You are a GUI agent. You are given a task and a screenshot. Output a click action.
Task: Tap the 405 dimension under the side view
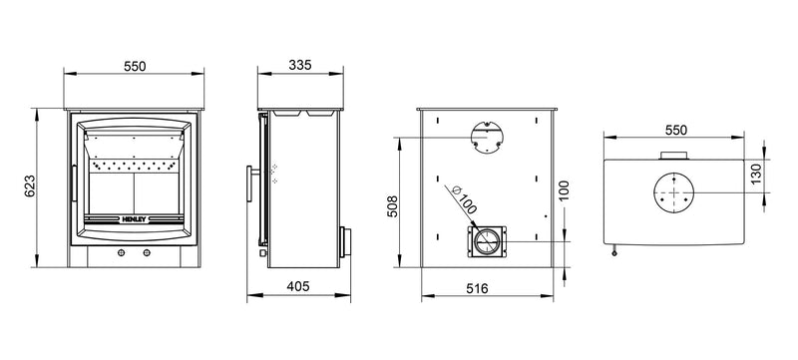coord(299,286)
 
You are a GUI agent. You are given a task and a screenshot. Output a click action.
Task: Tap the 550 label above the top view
coord(675,130)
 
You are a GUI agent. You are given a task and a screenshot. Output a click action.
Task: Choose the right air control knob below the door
coord(148,253)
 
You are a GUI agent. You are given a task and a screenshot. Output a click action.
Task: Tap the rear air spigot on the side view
coord(344,240)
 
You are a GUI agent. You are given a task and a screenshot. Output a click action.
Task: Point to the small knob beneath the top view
coord(614,253)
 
